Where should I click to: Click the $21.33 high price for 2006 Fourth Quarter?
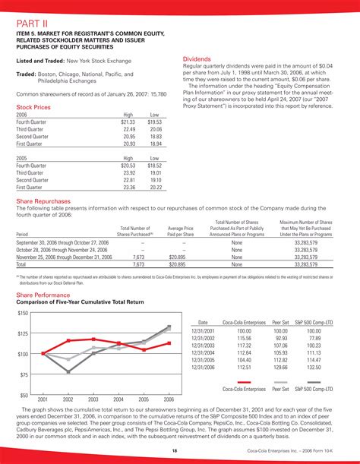tap(128, 122)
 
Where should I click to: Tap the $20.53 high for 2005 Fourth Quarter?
tap(128, 165)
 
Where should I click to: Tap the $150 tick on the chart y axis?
tap(22, 313)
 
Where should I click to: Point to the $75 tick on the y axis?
tap(24, 374)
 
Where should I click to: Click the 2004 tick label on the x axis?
tap(118, 399)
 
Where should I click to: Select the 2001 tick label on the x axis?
tap(43, 399)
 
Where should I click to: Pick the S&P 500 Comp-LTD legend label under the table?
tap(314, 389)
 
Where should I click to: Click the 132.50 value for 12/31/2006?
tap(314, 367)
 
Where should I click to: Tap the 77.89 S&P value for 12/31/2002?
tap(314, 338)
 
